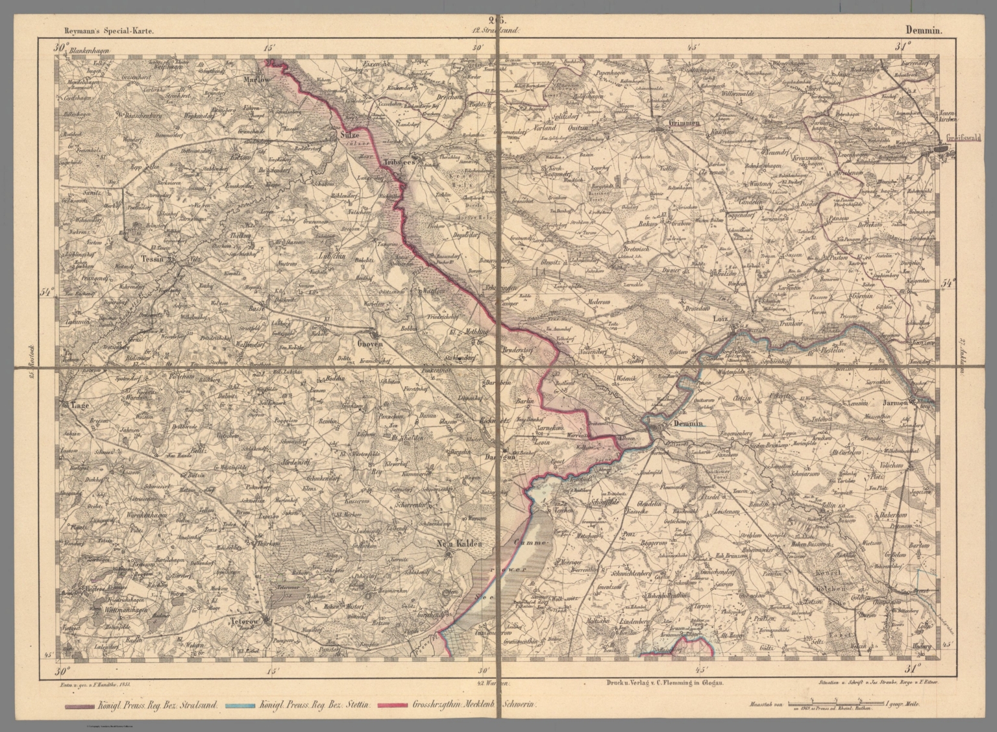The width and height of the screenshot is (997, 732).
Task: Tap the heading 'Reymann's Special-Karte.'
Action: coord(108,30)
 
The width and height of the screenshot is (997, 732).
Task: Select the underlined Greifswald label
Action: coord(959,138)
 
